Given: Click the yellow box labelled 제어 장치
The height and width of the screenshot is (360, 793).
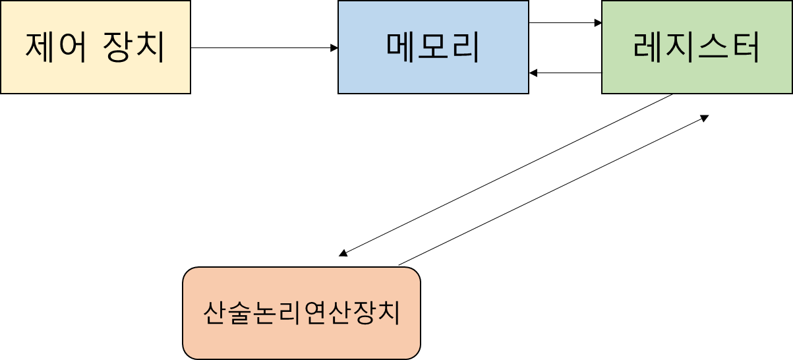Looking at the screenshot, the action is pyautogui.click(x=95, y=47).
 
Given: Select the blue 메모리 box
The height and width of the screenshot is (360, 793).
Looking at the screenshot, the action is pyautogui.click(x=433, y=47).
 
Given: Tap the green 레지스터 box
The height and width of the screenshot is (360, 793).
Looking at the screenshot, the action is pyautogui.click(x=697, y=47).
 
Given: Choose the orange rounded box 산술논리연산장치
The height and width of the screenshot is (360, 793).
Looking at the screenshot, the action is pyautogui.click(x=301, y=313).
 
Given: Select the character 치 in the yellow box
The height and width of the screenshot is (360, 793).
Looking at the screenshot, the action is pyautogui.click(x=151, y=47).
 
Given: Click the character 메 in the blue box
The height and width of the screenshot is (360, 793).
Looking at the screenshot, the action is pyautogui.click(x=401, y=47).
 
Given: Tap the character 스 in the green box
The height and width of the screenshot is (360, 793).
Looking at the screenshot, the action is pyautogui.click(x=713, y=47).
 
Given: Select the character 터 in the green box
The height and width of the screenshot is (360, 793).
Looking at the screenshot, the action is pyautogui.click(x=745, y=47).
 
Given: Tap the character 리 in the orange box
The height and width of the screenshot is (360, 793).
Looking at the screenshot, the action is pyautogui.click(x=288, y=313).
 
